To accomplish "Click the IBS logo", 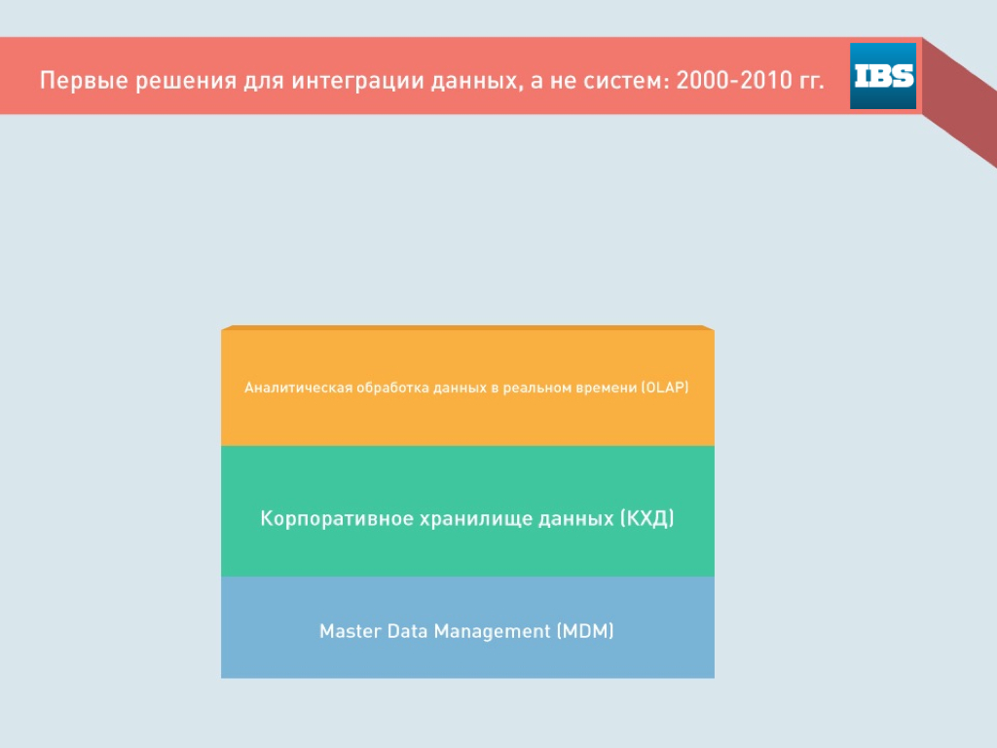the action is tap(882, 76).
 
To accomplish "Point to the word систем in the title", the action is tap(625, 81).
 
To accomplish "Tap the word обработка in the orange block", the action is tap(392, 388).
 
